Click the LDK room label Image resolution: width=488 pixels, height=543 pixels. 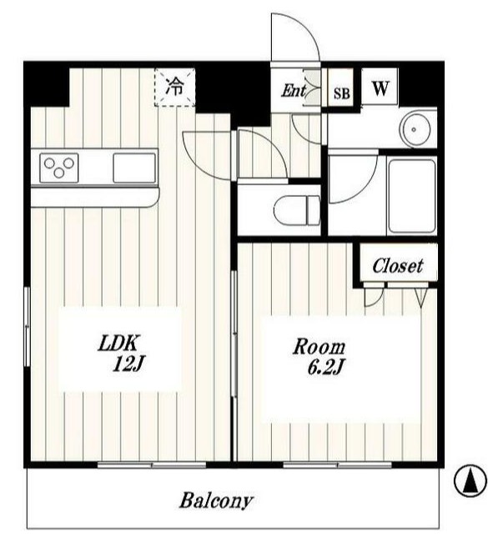point(118,343)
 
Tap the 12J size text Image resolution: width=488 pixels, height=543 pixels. point(128,364)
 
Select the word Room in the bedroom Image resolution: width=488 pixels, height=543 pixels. point(319,347)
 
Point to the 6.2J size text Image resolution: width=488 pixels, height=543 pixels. point(325,368)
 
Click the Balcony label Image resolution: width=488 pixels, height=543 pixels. point(216,500)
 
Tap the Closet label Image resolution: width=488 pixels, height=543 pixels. point(398,266)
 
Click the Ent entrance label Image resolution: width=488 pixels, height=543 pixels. point(294,91)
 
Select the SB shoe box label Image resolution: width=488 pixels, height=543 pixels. point(341,93)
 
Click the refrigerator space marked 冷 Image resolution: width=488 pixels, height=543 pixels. point(175,87)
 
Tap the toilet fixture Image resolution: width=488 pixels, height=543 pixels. point(296,210)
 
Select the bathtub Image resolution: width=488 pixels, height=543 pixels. point(412,196)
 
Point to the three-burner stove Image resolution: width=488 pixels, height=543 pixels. point(59,168)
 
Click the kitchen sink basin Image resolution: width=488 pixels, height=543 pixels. point(134,168)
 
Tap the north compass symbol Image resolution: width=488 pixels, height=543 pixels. point(470,480)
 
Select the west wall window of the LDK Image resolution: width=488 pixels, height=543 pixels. point(27,326)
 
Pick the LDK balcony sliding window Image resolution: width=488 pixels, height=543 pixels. point(152,465)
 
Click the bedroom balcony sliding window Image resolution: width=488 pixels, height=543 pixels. point(337,465)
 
